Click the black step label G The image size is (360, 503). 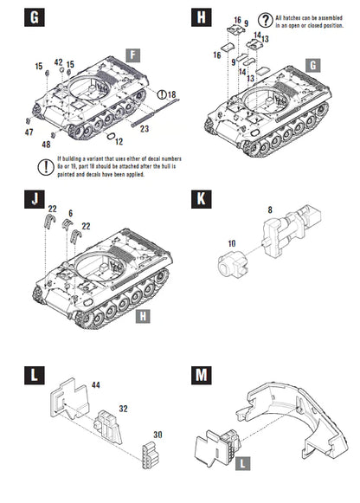(33, 16)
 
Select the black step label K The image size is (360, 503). (201, 222)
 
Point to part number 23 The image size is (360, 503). (145, 128)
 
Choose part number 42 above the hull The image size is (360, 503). (59, 62)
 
